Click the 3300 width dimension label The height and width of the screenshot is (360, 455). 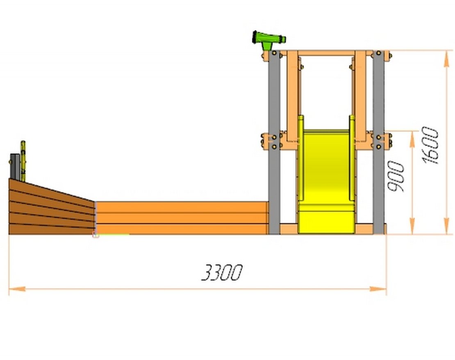click(222, 272)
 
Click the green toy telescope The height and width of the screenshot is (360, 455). click(268, 40)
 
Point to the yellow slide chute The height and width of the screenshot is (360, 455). click(326, 181)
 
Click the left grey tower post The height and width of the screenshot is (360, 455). click(274, 142)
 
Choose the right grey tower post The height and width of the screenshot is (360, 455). click(378, 142)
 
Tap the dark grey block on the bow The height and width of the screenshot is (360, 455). click(15, 167)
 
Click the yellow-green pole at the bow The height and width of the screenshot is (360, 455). click(23, 161)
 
